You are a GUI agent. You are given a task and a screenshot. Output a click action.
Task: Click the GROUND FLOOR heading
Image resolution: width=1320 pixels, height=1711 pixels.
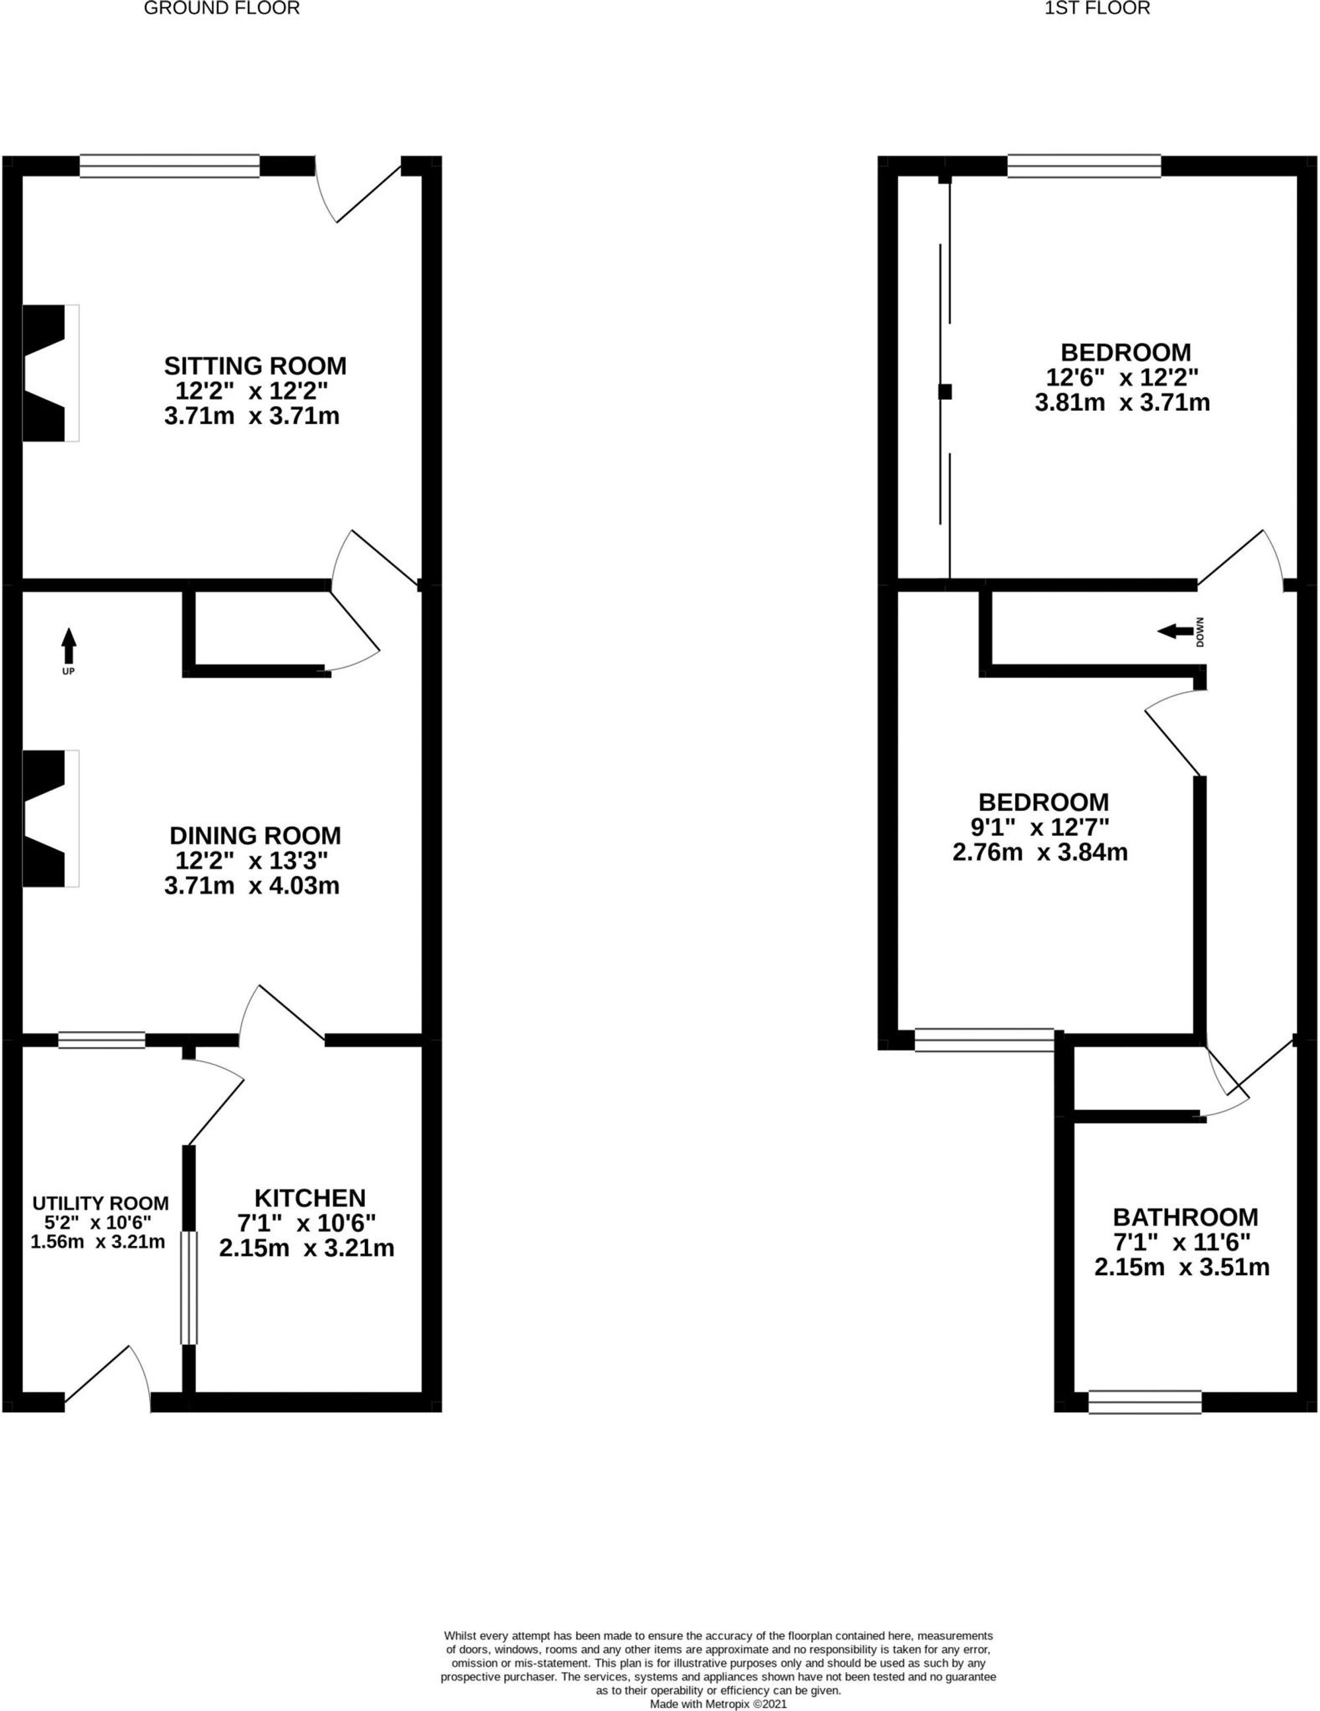coord(222,9)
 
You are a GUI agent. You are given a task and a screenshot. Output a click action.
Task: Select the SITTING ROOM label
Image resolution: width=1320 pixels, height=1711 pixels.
coord(255,366)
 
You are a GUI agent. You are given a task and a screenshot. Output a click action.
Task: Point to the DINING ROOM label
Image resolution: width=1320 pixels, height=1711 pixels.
coord(255,834)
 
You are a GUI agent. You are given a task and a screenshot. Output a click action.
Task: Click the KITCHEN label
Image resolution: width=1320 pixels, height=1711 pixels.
coord(310,1198)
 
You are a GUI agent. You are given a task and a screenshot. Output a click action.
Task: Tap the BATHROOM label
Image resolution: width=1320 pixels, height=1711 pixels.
coord(1185,1217)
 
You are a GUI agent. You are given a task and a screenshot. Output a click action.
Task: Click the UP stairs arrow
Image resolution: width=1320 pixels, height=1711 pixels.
coord(69,647)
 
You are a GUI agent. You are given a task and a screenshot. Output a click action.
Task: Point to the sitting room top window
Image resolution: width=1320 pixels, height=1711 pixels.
coord(170,166)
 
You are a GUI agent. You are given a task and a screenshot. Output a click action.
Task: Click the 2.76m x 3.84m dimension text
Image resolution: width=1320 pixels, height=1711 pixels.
coord(1040,852)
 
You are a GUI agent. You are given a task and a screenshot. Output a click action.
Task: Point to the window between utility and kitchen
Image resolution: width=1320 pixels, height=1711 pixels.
coord(189,1286)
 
